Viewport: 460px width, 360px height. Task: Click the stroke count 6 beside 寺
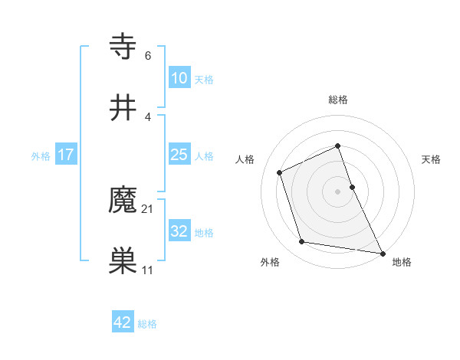(148, 56)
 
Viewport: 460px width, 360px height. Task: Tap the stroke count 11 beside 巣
(148, 270)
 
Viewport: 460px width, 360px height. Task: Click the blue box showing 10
(179, 78)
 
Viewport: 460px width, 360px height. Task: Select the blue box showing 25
(179, 155)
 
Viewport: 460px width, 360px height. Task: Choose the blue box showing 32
(179, 231)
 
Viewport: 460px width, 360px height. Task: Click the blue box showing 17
(66, 155)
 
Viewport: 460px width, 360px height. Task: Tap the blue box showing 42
(123, 322)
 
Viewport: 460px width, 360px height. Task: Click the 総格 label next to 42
(147, 324)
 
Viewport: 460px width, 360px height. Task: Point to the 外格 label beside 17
(40, 156)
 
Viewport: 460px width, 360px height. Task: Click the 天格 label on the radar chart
(431, 159)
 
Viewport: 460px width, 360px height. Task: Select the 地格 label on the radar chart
(402, 262)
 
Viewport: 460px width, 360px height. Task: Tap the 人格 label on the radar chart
(245, 159)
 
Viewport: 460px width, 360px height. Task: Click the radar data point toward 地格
(381, 252)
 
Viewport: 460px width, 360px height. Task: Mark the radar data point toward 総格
(337, 146)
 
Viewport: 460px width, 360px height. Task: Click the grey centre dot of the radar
(337, 191)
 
